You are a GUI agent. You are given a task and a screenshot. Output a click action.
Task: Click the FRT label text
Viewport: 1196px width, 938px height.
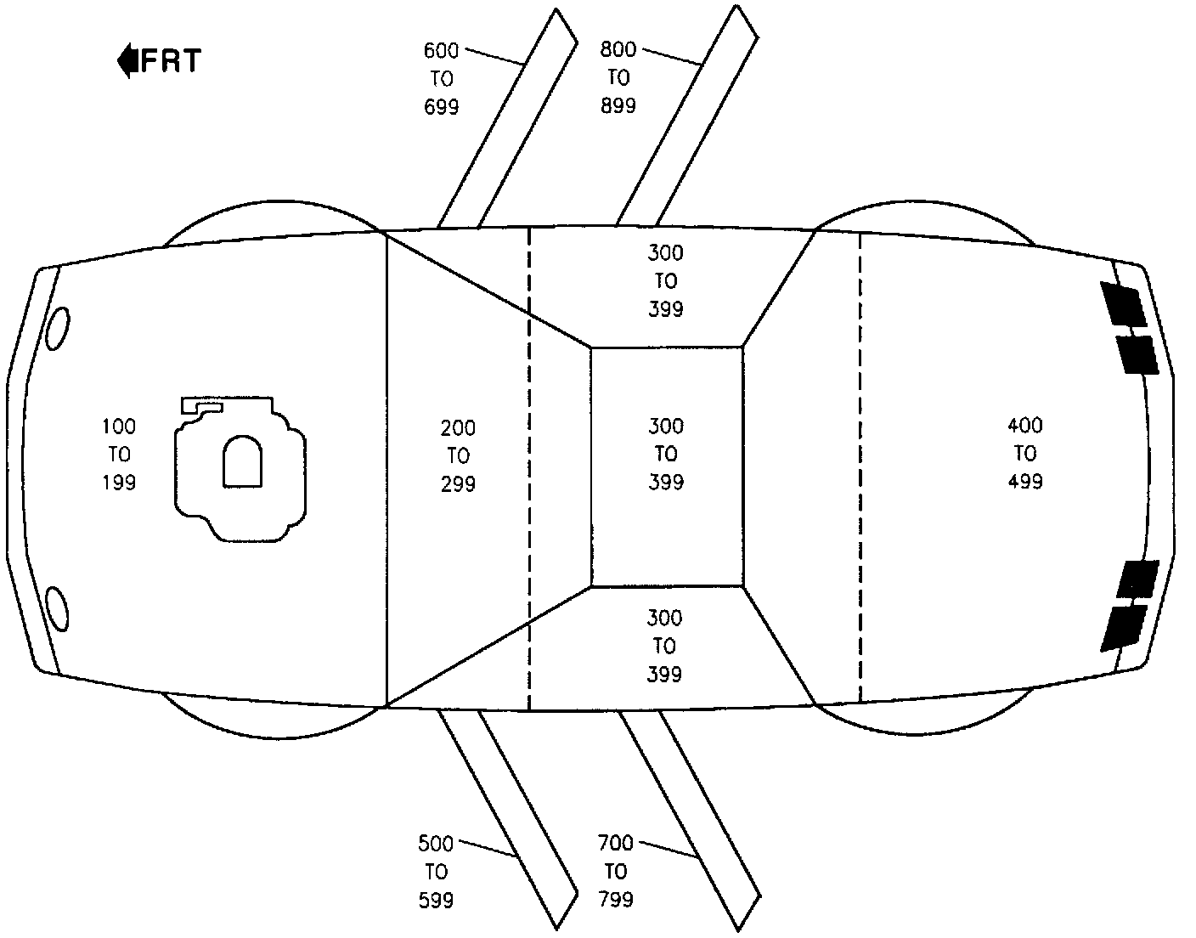click(171, 61)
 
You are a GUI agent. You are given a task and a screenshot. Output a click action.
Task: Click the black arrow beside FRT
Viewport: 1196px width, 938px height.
click(127, 61)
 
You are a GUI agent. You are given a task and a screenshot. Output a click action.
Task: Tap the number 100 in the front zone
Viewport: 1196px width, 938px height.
click(119, 427)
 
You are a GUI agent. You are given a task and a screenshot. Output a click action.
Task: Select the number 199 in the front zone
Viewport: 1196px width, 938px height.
click(119, 483)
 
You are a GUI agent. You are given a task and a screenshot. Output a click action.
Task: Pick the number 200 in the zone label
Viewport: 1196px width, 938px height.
click(458, 428)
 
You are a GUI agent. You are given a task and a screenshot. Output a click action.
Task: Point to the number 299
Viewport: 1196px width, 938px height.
click(458, 484)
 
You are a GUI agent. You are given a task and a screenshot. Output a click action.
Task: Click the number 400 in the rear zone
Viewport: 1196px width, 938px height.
click(1025, 425)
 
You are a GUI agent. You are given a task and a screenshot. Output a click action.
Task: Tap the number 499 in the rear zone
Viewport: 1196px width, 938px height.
click(1025, 481)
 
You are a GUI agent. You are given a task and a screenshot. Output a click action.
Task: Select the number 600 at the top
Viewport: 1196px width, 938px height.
click(442, 51)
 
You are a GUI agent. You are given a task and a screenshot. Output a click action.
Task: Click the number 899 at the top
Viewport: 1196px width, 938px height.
click(618, 106)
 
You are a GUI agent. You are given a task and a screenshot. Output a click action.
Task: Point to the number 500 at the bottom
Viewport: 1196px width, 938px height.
click(436, 844)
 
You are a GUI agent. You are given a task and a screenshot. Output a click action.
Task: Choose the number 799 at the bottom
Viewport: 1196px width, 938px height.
click(616, 899)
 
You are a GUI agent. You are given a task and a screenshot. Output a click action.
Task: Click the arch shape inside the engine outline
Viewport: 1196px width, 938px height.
click(242, 462)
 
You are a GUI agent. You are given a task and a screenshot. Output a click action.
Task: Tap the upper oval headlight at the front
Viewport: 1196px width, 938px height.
click(58, 328)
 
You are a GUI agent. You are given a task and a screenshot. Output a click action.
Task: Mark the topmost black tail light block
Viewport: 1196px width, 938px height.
click(1124, 304)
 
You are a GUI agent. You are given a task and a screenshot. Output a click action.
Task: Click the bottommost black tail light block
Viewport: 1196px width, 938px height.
click(1122, 627)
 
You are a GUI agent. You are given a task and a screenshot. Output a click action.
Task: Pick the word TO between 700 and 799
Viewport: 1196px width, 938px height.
click(616, 872)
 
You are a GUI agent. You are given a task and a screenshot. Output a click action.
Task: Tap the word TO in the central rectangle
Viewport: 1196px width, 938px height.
click(665, 454)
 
